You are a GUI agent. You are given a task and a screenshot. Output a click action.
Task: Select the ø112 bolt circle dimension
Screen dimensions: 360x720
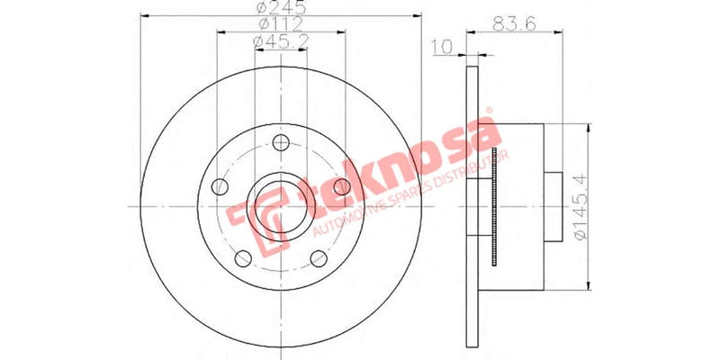pos(281,24)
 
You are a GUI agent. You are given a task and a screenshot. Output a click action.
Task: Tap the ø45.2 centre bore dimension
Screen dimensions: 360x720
pos(281,41)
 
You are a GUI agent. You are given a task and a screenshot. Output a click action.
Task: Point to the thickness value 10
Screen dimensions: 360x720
pos(441,46)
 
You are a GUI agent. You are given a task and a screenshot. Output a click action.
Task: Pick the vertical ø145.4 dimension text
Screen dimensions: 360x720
pos(578,207)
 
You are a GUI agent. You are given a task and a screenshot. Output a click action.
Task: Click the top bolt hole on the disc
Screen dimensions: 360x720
pos(281,142)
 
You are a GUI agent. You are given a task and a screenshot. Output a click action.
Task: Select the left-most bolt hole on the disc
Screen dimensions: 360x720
pos(219,188)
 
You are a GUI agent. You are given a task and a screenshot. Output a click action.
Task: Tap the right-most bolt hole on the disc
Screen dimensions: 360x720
pos(342,186)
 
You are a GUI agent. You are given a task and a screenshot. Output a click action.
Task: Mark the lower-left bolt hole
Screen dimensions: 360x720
pos(242,259)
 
